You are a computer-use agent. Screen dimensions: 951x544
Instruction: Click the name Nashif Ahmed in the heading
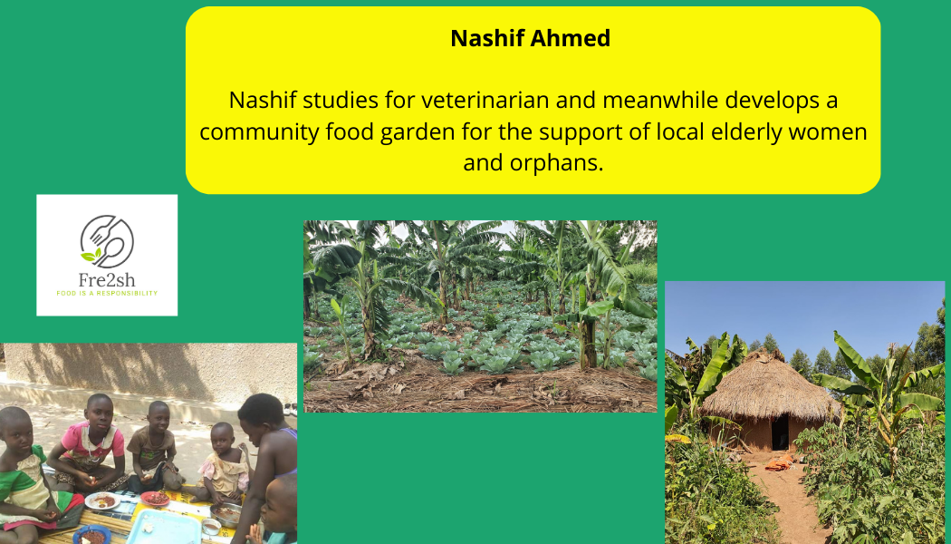tap(530, 38)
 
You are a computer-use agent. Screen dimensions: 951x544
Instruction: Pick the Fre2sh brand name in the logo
tap(107, 280)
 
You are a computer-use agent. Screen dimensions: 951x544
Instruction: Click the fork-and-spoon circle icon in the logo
tap(108, 242)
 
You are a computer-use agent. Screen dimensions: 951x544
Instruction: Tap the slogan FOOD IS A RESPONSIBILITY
tap(107, 293)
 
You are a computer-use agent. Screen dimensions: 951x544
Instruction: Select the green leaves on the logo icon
tap(90, 255)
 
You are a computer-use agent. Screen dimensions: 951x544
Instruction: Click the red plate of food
tap(155, 499)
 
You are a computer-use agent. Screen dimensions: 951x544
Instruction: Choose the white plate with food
tap(102, 500)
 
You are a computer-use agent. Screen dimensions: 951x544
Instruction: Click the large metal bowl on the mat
tap(226, 515)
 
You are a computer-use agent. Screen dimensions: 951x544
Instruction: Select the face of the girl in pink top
tap(100, 413)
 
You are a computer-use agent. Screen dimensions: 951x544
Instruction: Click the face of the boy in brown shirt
tap(158, 417)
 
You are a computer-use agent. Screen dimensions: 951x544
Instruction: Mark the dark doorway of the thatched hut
tap(780, 431)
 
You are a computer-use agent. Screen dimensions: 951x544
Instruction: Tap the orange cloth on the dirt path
tap(779, 464)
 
